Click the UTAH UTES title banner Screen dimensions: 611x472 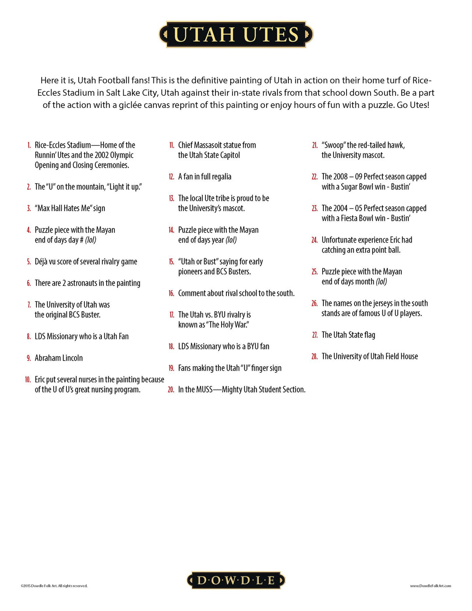(x=236, y=35)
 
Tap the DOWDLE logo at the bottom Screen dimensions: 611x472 (x=236, y=580)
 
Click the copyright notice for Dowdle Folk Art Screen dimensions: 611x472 (x=54, y=586)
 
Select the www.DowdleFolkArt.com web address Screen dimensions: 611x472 (x=430, y=586)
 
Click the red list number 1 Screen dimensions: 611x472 (x=29, y=145)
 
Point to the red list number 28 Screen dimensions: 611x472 (x=314, y=357)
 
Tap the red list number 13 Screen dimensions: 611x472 (x=171, y=198)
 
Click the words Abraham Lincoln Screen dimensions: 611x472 (x=59, y=358)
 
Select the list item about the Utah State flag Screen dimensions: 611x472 (x=348, y=335)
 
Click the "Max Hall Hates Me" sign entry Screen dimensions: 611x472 (x=70, y=208)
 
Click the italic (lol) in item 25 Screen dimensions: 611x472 (x=382, y=281)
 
